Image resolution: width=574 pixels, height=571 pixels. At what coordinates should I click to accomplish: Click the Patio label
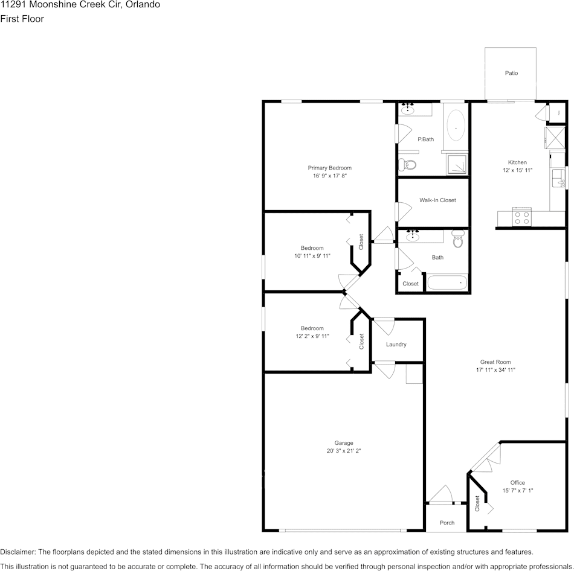pos(511,73)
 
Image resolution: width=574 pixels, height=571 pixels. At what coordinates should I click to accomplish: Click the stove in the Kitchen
pos(521,217)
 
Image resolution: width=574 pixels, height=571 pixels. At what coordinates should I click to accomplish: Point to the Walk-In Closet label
pos(437,200)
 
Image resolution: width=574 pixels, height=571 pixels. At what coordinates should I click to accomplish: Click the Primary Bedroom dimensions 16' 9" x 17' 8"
pos(329,176)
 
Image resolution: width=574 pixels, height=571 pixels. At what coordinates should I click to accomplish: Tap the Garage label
pos(344,442)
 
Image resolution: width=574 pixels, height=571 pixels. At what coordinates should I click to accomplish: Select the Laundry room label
pos(396,345)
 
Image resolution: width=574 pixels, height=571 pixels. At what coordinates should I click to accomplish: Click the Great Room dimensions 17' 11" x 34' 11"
pos(495,370)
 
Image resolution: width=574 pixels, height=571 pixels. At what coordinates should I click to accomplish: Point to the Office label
pos(517,483)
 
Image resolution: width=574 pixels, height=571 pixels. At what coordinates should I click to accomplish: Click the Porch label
pos(447,523)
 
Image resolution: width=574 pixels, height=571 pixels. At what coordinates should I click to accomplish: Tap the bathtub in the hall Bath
pos(447,282)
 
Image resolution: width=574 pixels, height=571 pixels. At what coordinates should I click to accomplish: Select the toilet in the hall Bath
pos(457,240)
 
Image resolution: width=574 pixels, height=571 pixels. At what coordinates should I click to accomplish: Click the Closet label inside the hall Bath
pos(410,284)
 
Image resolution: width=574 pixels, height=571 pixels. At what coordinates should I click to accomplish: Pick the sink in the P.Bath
pos(408,110)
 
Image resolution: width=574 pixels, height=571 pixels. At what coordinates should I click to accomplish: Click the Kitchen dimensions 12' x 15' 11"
pos(517,170)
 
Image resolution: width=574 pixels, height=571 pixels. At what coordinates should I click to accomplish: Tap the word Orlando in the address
pos(143,4)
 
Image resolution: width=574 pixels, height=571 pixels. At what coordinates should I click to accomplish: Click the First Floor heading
pos(22,19)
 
